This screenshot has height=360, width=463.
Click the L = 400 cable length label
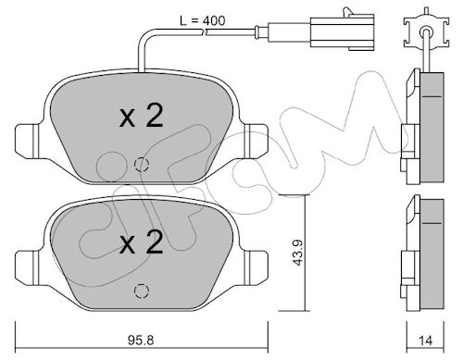point(203,20)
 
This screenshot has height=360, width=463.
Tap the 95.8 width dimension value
point(141,341)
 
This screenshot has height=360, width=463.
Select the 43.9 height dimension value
point(298,253)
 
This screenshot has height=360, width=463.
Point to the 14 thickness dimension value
point(426,341)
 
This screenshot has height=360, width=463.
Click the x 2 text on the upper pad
point(141,116)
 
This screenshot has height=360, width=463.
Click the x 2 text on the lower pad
point(141,242)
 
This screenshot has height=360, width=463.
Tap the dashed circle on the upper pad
point(142,164)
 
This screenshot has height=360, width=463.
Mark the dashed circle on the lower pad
point(142,291)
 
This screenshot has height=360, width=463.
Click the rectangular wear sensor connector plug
point(342,31)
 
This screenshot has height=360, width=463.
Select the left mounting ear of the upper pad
point(28,142)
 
